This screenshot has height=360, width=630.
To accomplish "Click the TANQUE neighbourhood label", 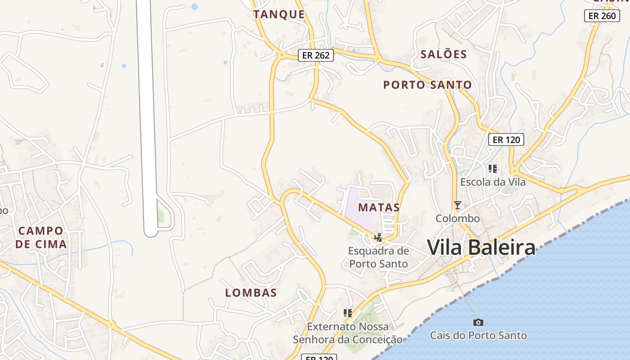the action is (279, 14).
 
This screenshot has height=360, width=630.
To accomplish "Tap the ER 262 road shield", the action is (316, 56).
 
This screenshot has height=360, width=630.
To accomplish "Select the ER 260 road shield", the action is (602, 16).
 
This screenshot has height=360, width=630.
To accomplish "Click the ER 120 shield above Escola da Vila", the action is (506, 139).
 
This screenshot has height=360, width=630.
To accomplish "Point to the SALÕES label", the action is (443, 54).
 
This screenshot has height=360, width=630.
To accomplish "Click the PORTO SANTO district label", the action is (427, 85).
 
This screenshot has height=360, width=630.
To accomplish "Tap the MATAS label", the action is (379, 207).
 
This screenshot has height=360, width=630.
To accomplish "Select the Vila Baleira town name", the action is (481, 247).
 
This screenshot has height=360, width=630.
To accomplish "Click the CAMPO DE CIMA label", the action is (41, 238).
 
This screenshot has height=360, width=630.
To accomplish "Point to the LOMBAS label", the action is (251, 292).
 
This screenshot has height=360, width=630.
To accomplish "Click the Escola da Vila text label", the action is (493, 182).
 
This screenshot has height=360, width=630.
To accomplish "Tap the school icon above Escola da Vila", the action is (493, 169).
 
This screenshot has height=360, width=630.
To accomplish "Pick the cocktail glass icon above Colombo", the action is (457, 205).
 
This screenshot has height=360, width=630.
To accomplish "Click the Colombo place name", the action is (457, 218).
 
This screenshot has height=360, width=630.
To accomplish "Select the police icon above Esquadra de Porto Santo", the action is (378, 237).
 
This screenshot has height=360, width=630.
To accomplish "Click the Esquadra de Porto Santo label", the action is (378, 257).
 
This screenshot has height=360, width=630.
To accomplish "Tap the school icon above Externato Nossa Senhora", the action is (347, 313).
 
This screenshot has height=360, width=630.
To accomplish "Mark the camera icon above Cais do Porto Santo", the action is (478, 322).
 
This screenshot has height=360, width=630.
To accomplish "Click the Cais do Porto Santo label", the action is (478, 335).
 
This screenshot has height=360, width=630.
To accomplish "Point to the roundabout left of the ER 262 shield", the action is (281, 55).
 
